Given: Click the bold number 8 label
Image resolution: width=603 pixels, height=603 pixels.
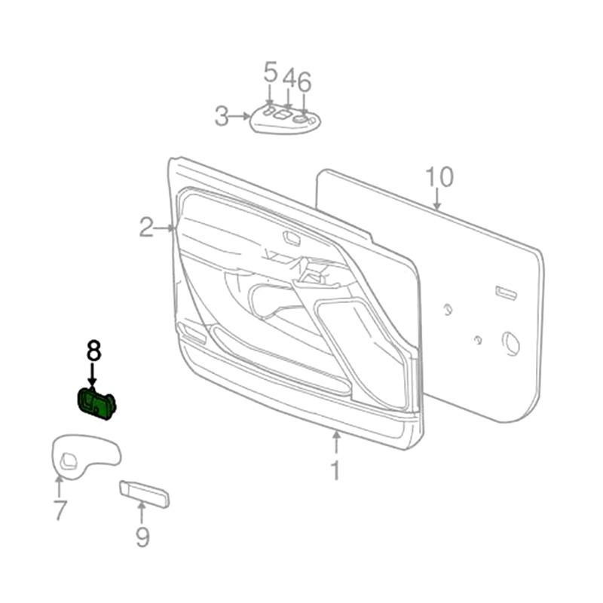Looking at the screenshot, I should [93, 350].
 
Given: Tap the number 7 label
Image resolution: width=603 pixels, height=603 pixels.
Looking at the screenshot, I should [60, 510].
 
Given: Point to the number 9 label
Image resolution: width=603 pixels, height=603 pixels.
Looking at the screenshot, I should [142, 537].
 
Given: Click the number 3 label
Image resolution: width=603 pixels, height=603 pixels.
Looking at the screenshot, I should [221, 116].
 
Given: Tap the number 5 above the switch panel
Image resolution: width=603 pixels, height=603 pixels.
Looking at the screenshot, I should [271, 74].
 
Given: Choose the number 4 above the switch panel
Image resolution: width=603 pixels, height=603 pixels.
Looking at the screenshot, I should [289, 80].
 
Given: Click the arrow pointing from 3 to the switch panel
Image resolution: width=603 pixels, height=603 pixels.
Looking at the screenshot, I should [241, 116].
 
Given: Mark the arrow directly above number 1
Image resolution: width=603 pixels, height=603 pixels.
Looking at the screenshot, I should [336, 442].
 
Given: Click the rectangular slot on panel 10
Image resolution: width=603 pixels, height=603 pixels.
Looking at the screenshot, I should [505, 292].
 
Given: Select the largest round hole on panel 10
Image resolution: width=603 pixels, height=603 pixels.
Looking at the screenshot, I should [511, 343].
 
